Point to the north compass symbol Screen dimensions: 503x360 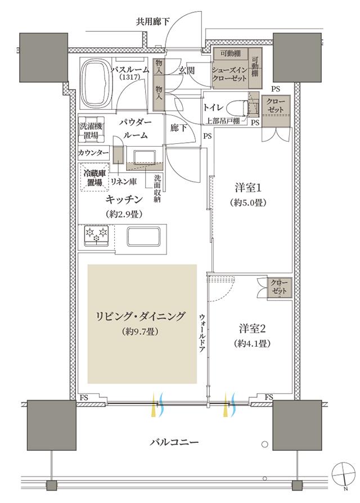[x=344, y=471]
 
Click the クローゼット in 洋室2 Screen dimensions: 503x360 [x=278, y=288]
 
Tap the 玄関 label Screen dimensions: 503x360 [x=187, y=71]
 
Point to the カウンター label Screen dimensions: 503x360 [x=93, y=153]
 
